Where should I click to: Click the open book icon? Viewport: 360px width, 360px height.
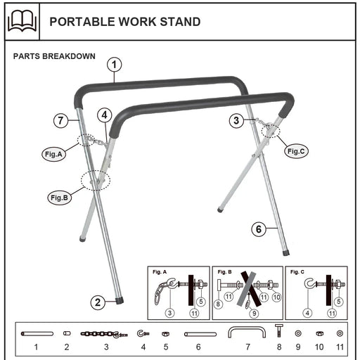tap(21, 21)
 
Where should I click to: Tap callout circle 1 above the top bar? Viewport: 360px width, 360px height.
tap(115, 65)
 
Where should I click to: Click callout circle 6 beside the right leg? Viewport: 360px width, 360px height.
tap(259, 229)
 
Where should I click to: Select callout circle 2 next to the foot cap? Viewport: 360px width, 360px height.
tap(98, 302)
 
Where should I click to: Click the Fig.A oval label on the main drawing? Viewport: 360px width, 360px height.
tap(53, 155)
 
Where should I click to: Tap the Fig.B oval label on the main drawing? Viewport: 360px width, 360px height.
tap(59, 198)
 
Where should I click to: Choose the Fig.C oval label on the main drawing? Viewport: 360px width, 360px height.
tap(297, 150)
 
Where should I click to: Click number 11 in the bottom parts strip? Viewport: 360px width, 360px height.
tap(340, 347)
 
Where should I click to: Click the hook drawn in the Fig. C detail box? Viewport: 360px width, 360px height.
tap(309, 283)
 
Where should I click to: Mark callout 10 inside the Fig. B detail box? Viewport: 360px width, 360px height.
tap(276, 297)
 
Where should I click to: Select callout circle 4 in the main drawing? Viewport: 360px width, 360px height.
tap(103, 114)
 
